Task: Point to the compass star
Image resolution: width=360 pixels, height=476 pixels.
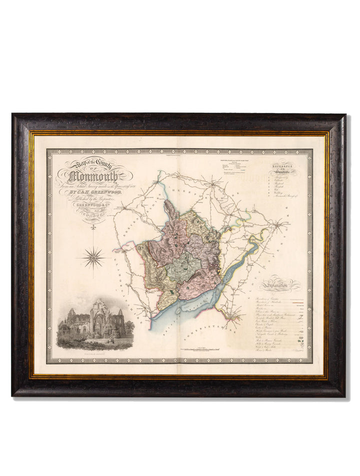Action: (93, 258)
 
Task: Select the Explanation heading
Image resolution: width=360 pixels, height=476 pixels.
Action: (280, 283)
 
